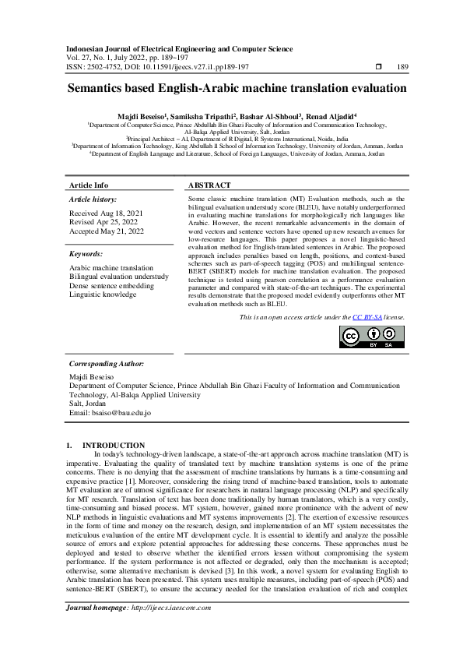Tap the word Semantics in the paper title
[x=103, y=89]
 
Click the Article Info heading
[x=89, y=185]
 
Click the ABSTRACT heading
[x=209, y=185]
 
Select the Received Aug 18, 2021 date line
[x=101, y=212]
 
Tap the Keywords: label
[x=86, y=253]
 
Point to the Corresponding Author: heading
[x=106, y=364]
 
